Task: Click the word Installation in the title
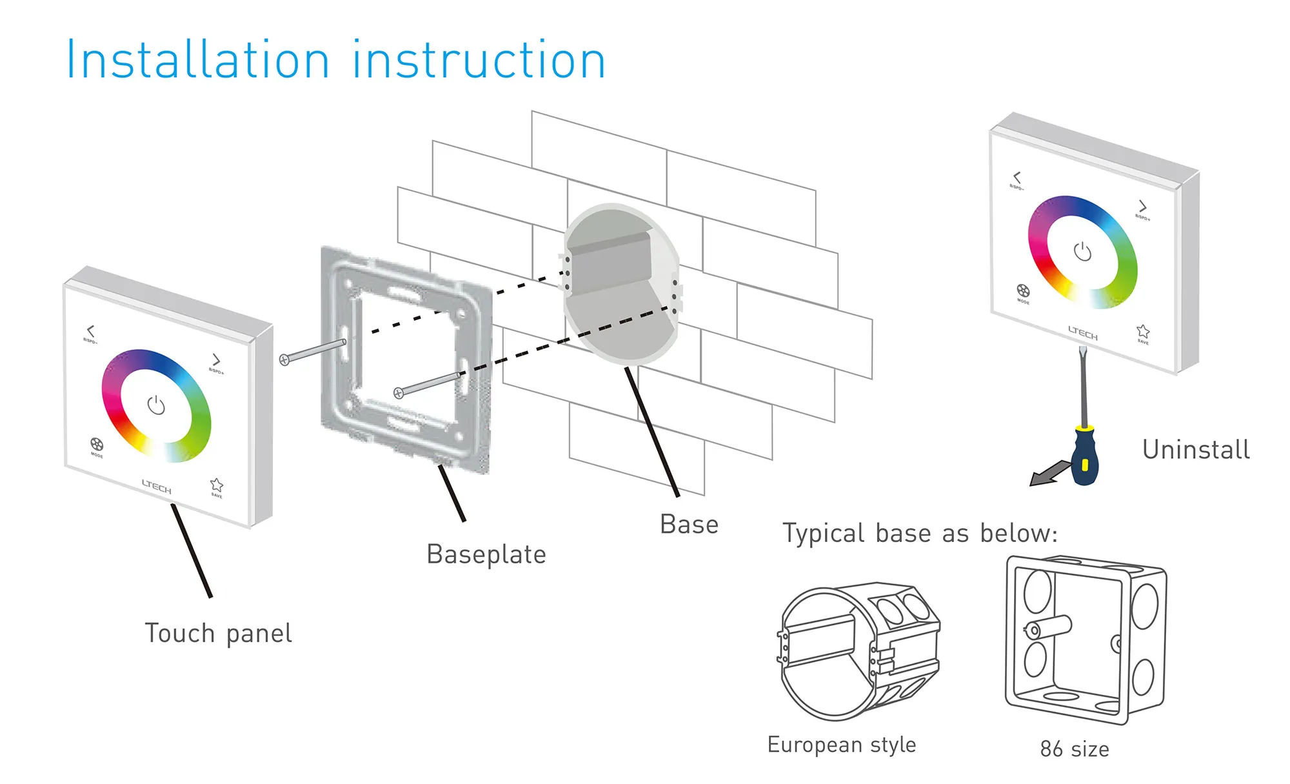[x=197, y=61]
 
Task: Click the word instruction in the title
[x=478, y=61]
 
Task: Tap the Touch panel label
[x=218, y=634]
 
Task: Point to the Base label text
[x=689, y=525]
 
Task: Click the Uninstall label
[x=1195, y=450]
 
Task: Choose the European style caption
[x=841, y=745]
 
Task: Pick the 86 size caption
[x=1075, y=749]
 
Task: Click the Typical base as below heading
[x=920, y=534]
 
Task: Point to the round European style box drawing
[x=858, y=652]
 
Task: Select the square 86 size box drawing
[x=1086, y=639]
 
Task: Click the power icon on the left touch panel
[x=156, y=405]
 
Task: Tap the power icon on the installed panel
[x=1082, y=252]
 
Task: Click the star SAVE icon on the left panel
[x=217, y=485]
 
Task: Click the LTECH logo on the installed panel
[x=1082, y=333]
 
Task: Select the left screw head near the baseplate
[x=284, y=359]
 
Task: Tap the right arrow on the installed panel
[x=1142, y=206]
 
